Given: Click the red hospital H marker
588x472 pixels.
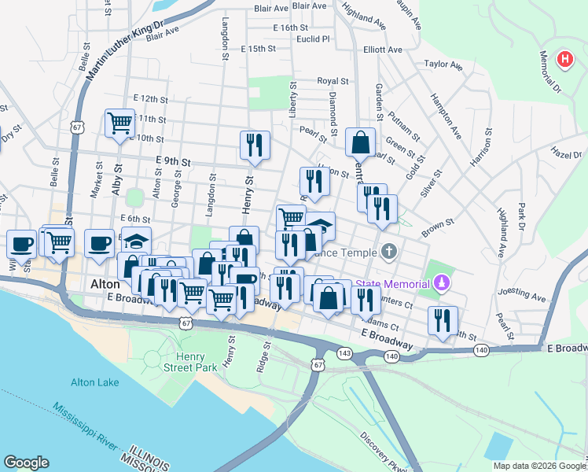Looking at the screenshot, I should tap(564, 59).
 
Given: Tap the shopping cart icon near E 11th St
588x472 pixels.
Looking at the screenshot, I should tap(119, 124).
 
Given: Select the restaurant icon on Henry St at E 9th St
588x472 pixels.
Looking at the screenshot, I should tap(255, 146).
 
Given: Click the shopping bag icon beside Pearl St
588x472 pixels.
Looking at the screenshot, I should tap(360, 143).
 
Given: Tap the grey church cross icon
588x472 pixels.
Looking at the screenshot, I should tap(388, 253).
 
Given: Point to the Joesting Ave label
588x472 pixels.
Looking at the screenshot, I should tap(526, 297).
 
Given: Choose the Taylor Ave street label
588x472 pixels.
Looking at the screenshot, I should tap(441, 65).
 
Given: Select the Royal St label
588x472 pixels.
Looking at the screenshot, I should tap(333, 80).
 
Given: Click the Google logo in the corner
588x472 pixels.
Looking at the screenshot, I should tap(26, 463).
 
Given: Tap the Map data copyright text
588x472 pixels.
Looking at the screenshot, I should tap(538, 466).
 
